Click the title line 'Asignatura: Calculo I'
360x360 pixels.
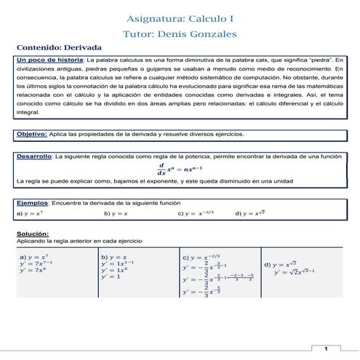(180, 16)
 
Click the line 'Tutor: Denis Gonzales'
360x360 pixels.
(180, 33)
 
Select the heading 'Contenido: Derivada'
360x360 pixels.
(60, 45)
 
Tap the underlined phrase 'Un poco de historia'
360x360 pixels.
(49, 58)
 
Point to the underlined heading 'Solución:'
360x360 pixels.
(33, 233)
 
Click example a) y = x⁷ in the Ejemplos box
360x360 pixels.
(31, 215)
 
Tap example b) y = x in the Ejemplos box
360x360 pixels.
(116, 215)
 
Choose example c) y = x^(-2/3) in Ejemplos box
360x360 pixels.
(199, 215)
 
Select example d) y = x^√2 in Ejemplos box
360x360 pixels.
(252, 215)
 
